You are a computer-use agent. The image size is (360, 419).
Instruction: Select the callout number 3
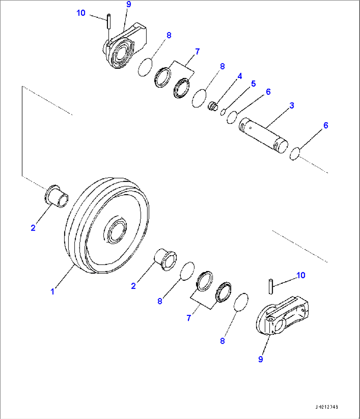click(x=292, y=105)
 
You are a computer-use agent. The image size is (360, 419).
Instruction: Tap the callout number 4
click(x=240, y=76)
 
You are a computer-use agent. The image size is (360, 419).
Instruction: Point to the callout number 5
click(x=253, y=84)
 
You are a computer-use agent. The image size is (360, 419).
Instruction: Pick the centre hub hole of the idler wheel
click(x=115, y=230)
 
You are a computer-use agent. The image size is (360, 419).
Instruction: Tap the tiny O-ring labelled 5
click(x=223, y=112)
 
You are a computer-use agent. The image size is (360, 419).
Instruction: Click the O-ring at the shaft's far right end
click(x=294, y=154)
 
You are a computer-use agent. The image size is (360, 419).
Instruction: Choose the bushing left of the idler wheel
click(x=56, y=197)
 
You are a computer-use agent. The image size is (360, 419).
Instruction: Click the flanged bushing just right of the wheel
click(x=166, y=259)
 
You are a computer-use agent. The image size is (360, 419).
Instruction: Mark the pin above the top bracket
click(x=109, y=21)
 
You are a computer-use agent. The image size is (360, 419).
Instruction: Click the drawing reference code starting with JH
click(x=326, y=407)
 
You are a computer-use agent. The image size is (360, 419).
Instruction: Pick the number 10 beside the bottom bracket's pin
click(x=301, y=275)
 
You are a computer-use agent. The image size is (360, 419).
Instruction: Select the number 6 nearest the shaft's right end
click(x=326, y=125)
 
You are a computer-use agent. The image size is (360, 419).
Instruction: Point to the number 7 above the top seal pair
click(x=197, y=52)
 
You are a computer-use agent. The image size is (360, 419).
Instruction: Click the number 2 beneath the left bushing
click(x=33, y=228)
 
